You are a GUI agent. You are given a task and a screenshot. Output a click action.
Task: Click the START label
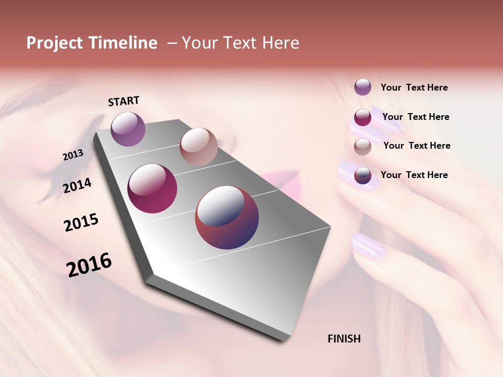click(x=124, y=101)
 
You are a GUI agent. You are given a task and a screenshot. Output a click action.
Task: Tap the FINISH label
click(x=344, y=339)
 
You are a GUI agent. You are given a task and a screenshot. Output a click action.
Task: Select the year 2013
click(x=73, y=154)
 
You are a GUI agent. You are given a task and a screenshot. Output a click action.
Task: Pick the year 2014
click(x=78, y=185)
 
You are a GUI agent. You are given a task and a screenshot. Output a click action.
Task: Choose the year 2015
click(x=81, y=223)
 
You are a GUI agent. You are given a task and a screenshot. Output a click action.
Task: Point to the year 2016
click(x=89, y=264)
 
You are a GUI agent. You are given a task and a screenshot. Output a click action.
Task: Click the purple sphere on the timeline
click(x=128, y=129)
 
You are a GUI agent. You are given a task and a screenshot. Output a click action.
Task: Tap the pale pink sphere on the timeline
click(x=199, y=146)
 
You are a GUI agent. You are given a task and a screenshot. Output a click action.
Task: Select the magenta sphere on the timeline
click(x=152, y=188)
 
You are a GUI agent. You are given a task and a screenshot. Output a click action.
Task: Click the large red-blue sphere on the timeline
click(x=227, y=217)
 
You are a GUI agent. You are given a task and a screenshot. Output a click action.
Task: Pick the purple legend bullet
click(x=363, y=87)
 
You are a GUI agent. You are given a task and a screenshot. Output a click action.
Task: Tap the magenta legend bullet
click(x=363, y=117)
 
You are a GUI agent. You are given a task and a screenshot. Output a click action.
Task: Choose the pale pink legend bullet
click(x=363, y=147)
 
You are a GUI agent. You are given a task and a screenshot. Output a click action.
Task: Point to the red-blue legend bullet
click(x=363, y=176)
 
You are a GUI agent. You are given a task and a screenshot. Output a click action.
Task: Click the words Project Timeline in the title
click(x=92, y=43)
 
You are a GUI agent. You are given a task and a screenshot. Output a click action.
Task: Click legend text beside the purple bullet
click(x=414, y=87)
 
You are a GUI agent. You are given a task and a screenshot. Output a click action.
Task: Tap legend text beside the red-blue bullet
click(x=414, y=175)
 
